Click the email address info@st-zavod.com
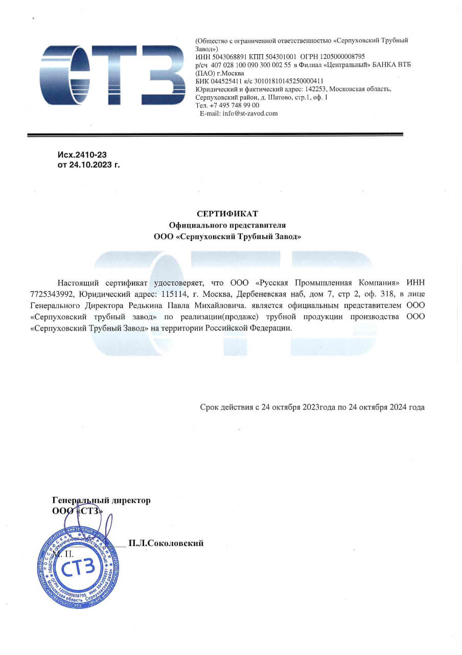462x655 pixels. click(250, 114)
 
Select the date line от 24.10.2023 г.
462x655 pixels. click(88, 165)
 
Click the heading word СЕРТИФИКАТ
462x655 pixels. click(227, 213)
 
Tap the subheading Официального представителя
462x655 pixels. click(227, 225)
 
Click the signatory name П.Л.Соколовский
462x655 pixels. click(166, 543)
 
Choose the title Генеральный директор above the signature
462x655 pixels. click(101, 500)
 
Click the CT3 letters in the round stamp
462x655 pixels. click(78, 567)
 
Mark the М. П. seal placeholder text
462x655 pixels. click(63, 554)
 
